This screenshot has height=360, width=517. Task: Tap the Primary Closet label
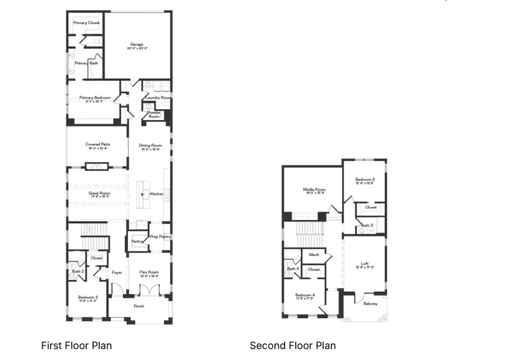click(x=86, y=23)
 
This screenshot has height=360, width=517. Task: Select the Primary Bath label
click(x=86, y=63)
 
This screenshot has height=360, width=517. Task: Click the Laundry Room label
click(x=158, y=98)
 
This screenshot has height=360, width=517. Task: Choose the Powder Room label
click(x=155, y=114)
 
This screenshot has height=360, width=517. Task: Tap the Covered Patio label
click(x=98, y=145)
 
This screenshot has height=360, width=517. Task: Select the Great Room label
click(x=99, y=193)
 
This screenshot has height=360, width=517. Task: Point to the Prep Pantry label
click(x=160, y=237)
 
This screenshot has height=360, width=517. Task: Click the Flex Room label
click(x=149, y=273)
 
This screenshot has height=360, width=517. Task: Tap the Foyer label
click(x=117, y=273)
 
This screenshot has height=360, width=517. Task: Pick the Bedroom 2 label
click(x=88, y=297)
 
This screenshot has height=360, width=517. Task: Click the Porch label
click(x=139, y=306)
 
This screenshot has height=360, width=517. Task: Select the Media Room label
click(x=314, y=189)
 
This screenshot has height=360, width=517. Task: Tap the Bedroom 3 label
click(x=365, y=180)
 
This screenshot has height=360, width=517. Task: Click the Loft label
click(x=365, y=264)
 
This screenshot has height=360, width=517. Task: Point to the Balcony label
click(x=370, y=304)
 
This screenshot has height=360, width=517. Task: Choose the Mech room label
click(x=314, y=255)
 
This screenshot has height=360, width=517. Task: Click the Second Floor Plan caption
click(x=292, y=346)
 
